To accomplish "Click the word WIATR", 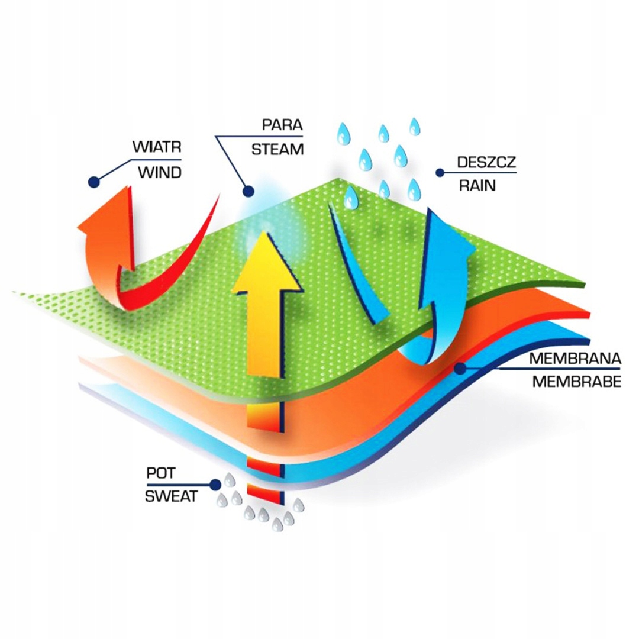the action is coord(156,146).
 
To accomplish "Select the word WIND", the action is coord(159,173).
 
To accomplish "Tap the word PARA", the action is coord(282,125).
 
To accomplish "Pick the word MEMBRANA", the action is coord(575,359).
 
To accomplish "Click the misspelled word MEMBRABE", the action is coord(576,382).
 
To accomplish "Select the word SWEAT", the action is coord(171,496).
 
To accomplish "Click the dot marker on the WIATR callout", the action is coord(93,182).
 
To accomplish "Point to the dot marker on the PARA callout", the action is coord(248,191).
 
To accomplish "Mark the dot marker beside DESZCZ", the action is coord(440,173).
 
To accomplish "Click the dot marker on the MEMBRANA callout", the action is coord(459,368).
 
